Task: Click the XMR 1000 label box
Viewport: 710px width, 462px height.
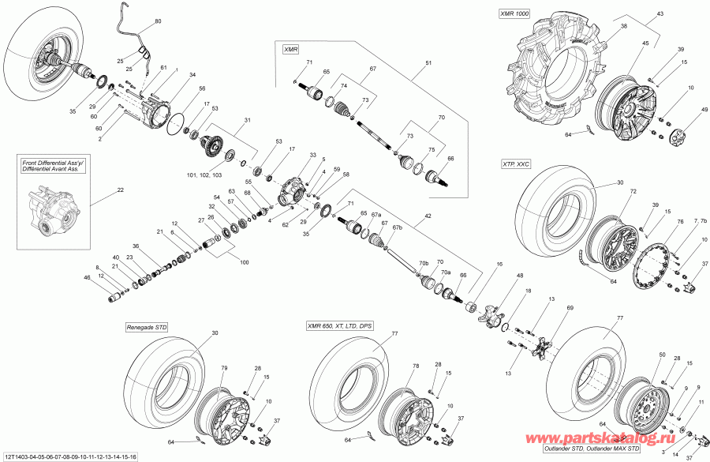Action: (x=514, y=13)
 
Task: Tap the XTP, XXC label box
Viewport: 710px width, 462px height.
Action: (x=514, y=163)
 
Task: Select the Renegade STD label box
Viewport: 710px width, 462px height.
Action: (x=146, y=326)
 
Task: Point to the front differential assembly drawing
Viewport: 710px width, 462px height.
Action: (x=48, y=214)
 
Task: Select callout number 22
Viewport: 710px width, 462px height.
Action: (x=120, y=190)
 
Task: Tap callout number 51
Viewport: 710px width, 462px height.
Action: (x=429, y=62)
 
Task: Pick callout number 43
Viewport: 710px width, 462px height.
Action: (x=660, y=14)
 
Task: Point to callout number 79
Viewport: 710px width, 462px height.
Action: (x=224, y=367)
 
